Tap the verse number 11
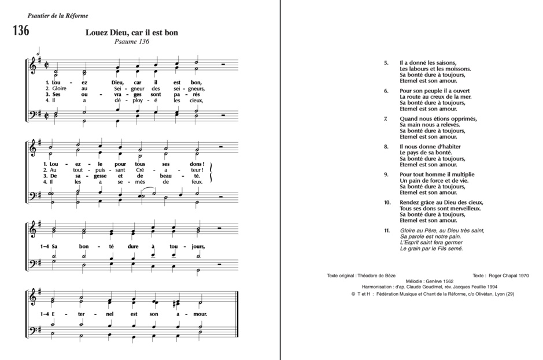click(387, 231)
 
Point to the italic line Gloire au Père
click(441, 231)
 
